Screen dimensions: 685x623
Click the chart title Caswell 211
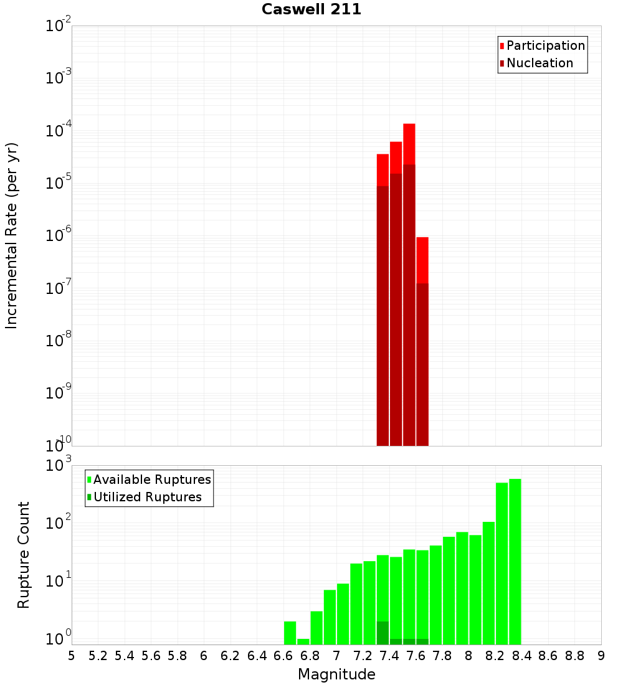pos(311,9)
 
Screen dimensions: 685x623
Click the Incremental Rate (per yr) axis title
pos(11,235)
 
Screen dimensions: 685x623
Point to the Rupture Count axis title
pos(24,555)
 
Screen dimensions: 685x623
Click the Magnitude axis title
pos(336,674)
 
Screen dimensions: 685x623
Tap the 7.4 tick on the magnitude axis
pos(389,655)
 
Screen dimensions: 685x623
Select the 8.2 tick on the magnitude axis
pos(495,655)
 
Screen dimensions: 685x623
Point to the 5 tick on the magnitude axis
pos(72,655)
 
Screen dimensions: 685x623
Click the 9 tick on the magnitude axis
pos(601,655)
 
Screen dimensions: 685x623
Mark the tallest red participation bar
pos(409,143)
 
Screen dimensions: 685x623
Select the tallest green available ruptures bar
pos(515,560)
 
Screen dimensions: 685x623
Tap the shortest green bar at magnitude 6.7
pos(303,641)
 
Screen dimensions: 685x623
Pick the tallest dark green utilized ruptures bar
pos(383,633)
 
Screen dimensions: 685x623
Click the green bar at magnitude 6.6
pos(290,633)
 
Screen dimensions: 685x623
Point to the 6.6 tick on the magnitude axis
pos(283,655)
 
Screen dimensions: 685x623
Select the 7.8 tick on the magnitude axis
pos(442,655)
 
